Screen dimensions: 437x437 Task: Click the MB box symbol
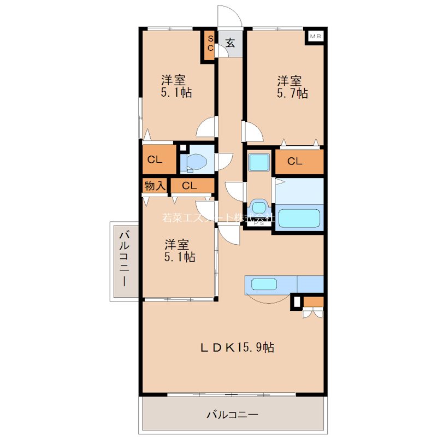pos(315,36)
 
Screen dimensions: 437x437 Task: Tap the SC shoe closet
pos(209,44)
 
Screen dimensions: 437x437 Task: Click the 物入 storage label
pos(155,186)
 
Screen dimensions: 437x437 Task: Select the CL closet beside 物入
pos(190,186)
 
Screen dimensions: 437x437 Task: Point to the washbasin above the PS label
pos(258,208)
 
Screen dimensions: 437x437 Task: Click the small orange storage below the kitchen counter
pos(313,301)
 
